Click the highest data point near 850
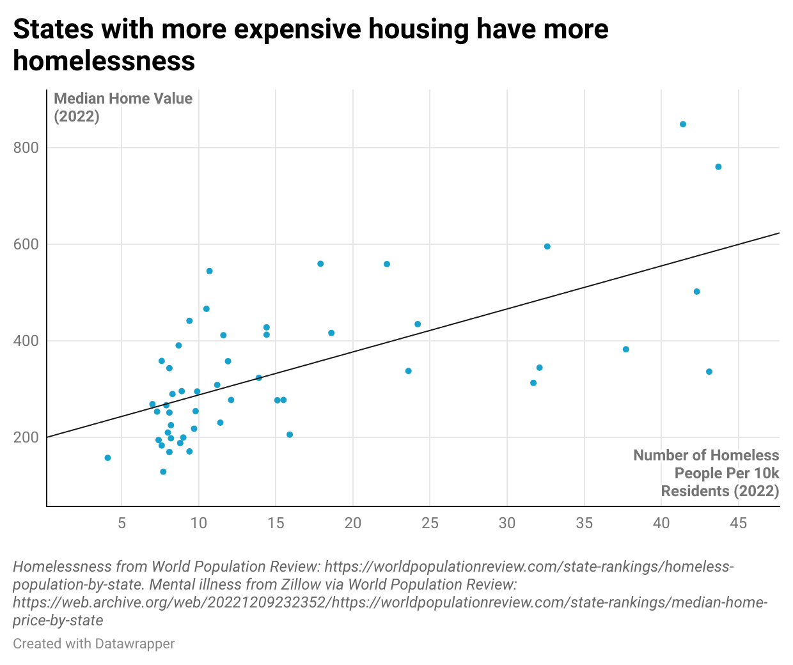pos(682,124)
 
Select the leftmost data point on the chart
pos(107,458)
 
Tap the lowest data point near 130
pos(163,472)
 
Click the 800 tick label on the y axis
pos(26,148)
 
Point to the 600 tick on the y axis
pos(26,244)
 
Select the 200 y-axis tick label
pos(26,437)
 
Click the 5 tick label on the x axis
pos(122,523)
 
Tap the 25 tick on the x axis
pos(430,523)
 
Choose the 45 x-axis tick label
pos(738,523)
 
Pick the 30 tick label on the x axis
pos(507,523)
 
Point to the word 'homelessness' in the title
pos(104,61)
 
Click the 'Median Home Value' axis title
pos(123,98)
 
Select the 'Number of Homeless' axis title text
pos(706,455)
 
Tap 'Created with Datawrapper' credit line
pos(93,643)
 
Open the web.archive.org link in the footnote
pos(390,602)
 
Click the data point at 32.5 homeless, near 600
pos(547,246)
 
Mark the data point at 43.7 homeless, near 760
pos(718,167)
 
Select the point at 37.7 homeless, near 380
pos(625,349)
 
